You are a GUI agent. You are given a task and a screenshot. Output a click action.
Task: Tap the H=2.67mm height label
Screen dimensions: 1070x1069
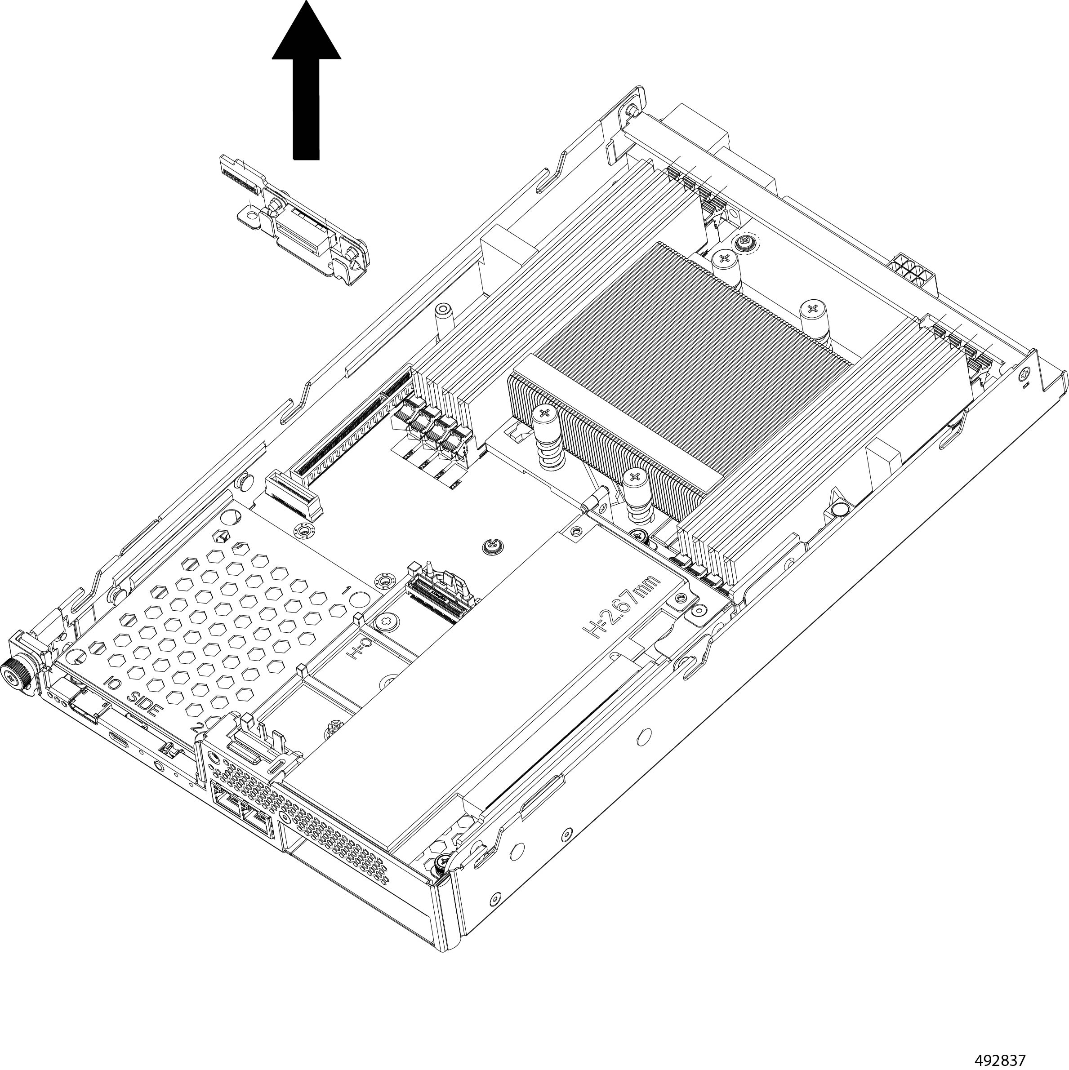pos(621,608)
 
